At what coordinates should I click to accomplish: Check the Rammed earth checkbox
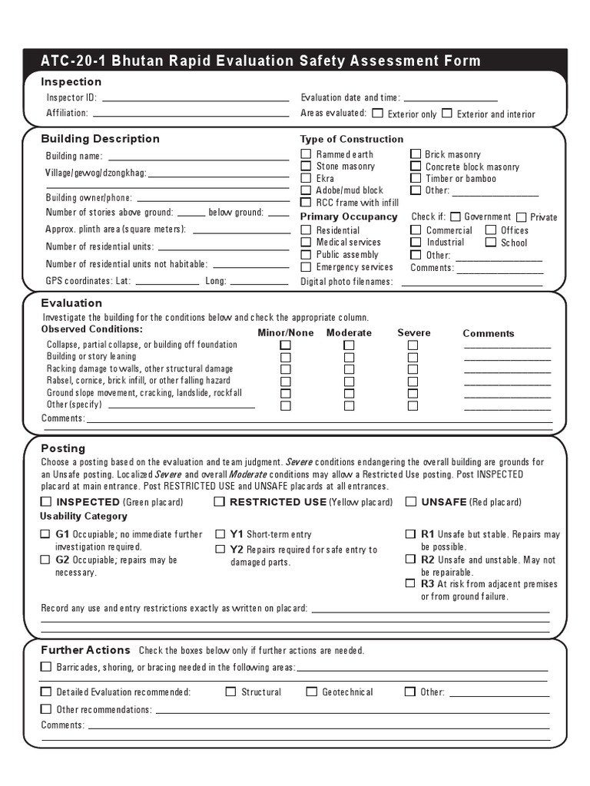(x=306, y=154)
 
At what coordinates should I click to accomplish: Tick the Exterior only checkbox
(x=377, y=113)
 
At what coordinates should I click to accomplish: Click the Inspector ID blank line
(x=195, y=98)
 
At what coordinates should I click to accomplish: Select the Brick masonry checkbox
(x=416, y=154)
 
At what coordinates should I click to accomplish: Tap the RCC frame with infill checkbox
(x=306, y=203)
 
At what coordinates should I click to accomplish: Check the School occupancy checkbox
(x=491, y=243)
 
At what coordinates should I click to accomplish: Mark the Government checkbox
(x=456, y=217)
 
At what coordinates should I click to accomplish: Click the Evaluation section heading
(x=71, y=303)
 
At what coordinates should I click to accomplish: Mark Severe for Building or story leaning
(x=413, y=357)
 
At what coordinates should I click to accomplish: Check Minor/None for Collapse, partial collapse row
(x=286, y=345)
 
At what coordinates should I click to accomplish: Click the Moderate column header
(x=349, y=333)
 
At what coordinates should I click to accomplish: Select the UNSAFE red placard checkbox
(x=411, y=502)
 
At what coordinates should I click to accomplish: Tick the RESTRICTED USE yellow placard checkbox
(x=219, y=502)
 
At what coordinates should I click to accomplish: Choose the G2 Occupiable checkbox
(x=45, y=560)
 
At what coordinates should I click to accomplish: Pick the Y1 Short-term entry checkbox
(x=220, y=533)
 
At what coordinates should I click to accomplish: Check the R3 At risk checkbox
(x=410, y=583)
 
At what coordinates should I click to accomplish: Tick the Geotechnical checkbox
(x=311, y=692)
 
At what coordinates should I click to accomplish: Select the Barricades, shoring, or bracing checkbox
(x=46, y=667)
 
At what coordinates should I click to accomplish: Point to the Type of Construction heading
(x=351, y=139)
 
